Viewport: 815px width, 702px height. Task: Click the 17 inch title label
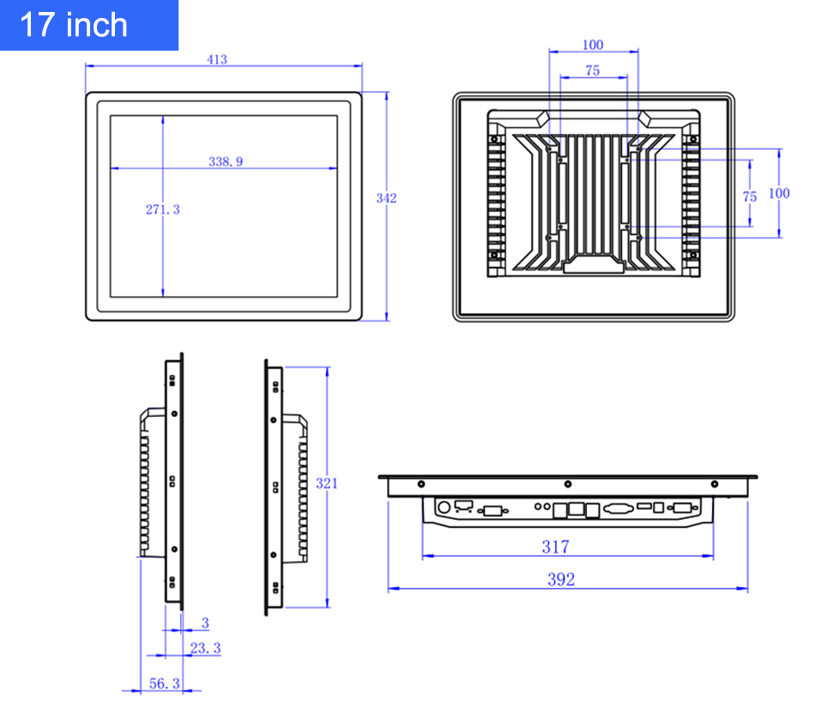(x=73, y=25)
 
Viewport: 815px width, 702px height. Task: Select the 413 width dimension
(x=217, y=59)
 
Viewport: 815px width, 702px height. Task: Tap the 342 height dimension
(x=386, y=198)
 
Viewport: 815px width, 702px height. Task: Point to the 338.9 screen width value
(x=226, y=161)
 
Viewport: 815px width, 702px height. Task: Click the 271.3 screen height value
(x=163, y=209)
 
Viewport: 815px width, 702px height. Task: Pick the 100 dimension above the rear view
(x=593, y=45)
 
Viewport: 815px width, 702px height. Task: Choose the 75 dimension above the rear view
(x=593, y=70)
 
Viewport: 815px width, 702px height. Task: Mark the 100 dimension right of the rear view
(x=779, y=193)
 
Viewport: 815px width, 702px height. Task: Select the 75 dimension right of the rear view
(x=750, y=197)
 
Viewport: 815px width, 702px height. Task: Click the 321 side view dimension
(x=326, y=484)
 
